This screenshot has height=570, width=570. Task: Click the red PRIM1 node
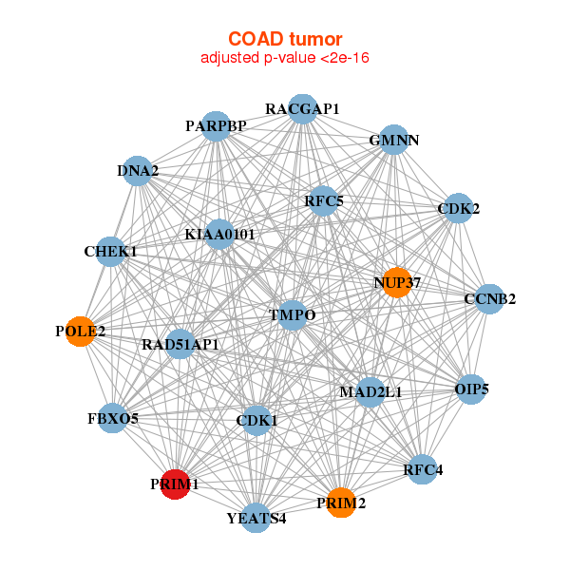point(175,484)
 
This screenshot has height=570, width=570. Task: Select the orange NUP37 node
point(397,282)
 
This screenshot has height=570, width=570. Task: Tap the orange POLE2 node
point(81,332)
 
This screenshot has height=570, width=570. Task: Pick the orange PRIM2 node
point(341,503)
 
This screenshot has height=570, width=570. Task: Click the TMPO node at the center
point(293,315)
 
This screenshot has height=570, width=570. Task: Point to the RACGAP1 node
point(302,108)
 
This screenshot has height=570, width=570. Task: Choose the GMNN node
point(394,140)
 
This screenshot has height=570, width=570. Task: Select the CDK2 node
point(459,208)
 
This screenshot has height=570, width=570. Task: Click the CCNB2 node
point(489,299)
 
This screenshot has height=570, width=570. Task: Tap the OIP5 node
point(471,389)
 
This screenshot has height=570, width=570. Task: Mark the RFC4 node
point(423,469)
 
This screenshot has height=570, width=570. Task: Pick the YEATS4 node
point(256,518)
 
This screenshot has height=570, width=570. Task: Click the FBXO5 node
point(113,418)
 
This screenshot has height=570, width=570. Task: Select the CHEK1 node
point(110,251)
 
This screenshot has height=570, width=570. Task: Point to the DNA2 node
point(138,171)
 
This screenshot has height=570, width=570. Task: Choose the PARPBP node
point(216,126)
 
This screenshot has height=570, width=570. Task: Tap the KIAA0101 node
point(219,234)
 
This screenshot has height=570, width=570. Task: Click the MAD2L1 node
point(370,391)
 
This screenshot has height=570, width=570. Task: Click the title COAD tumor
point(285,39)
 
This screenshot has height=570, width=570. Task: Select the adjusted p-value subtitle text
point(285,58)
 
